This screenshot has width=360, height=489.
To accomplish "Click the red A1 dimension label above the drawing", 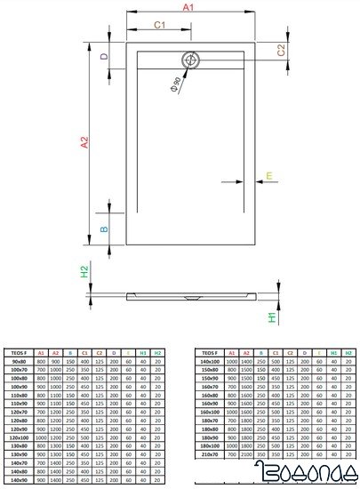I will (188, 7).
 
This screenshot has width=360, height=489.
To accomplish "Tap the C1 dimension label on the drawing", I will (160, 25).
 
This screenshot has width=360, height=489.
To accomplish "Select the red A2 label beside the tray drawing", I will (84, 141).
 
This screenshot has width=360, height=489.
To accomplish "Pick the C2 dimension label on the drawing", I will (281, 50).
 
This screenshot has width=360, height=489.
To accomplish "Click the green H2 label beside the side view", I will (84, 272).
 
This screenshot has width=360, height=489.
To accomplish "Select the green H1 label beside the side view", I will (273, 318).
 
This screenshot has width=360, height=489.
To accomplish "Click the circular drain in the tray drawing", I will (191, 61).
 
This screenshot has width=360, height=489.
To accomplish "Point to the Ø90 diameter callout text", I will (175, 86).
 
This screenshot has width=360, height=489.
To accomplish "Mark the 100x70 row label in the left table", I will (19, 370).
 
